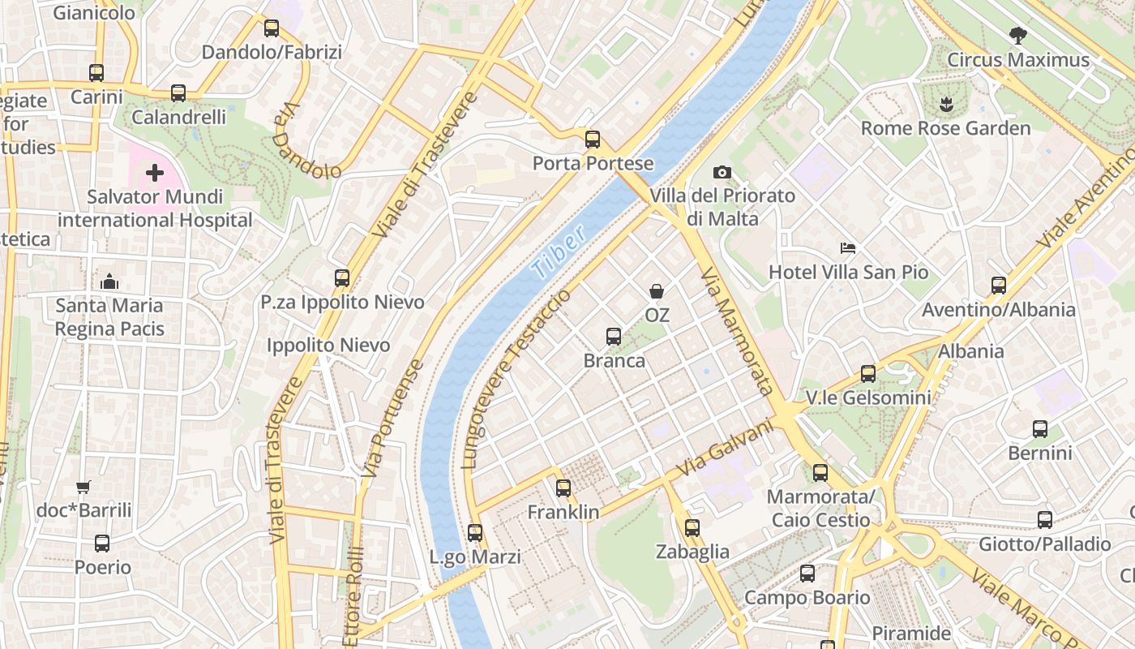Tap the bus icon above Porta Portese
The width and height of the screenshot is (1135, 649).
click(593, 139)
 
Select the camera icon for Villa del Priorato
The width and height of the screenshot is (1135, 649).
click(722, 172)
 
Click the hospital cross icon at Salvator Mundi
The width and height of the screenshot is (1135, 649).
click(154, 173)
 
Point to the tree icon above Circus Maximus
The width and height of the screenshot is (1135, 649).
click(1017, 35)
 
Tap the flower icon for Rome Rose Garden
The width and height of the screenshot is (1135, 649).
click(945, 104)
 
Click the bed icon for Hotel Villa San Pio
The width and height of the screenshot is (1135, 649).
click(848, 247)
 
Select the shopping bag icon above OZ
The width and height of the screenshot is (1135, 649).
click(657, 290)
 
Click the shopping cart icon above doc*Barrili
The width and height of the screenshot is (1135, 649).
click(83, 487)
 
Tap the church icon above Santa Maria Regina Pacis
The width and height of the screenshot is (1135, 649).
click(109, 282)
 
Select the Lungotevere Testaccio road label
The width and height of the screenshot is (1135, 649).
click(516, 379)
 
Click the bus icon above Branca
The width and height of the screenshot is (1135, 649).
click(614, 336)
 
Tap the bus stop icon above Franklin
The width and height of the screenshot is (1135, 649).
click(563, 488)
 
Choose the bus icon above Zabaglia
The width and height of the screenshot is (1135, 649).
click(692, 528)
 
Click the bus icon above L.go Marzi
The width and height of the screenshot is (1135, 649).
click(475, 533)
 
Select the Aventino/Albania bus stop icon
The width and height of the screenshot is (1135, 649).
click(998, 286)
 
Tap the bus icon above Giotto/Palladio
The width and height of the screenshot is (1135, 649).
click(1045, 520)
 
